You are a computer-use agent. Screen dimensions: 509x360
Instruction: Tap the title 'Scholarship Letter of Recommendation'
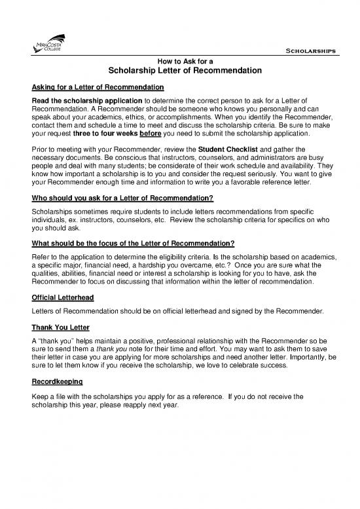point(180,70)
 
